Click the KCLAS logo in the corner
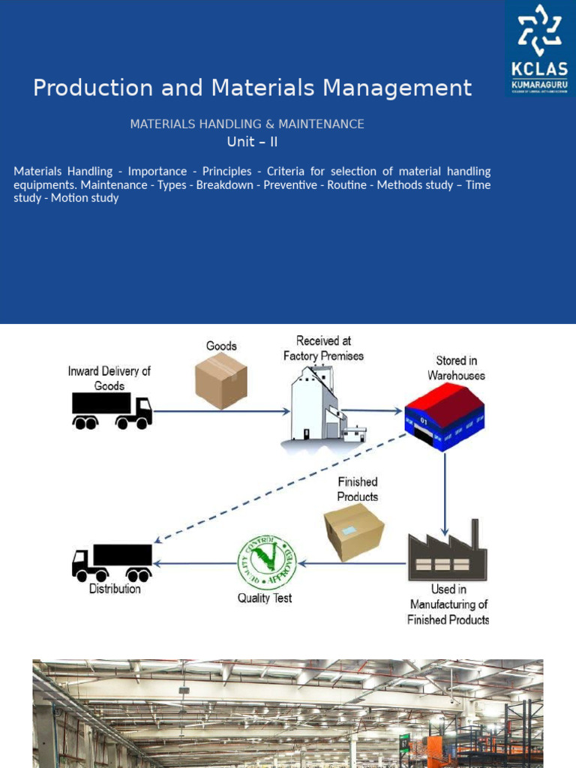pyautogui.click(x=540, y=49)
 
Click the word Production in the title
pyautogui.click(x=81, y=88)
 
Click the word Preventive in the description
pyautogui.click(x=290, y=184)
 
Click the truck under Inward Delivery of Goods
pyautogui.click(x=112, y=410)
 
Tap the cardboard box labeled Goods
pyautogui.click(x=221, y=381)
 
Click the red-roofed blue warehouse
pyautogui.click(x=444, y=416)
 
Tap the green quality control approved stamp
pyautogui.click(x=266, y=562)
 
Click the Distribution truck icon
pyautogui.click(x=112, y=562)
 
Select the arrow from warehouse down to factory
pyautogui.click(x=445, y=487)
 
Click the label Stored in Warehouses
pyautogui.click(x=456, y=368)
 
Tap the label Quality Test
pyautogui.click(x=265, y=598)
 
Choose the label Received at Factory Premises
pyautogui.click(x=323, y=348)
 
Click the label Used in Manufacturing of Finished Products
pyautogui.click(x=448, y=604)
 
